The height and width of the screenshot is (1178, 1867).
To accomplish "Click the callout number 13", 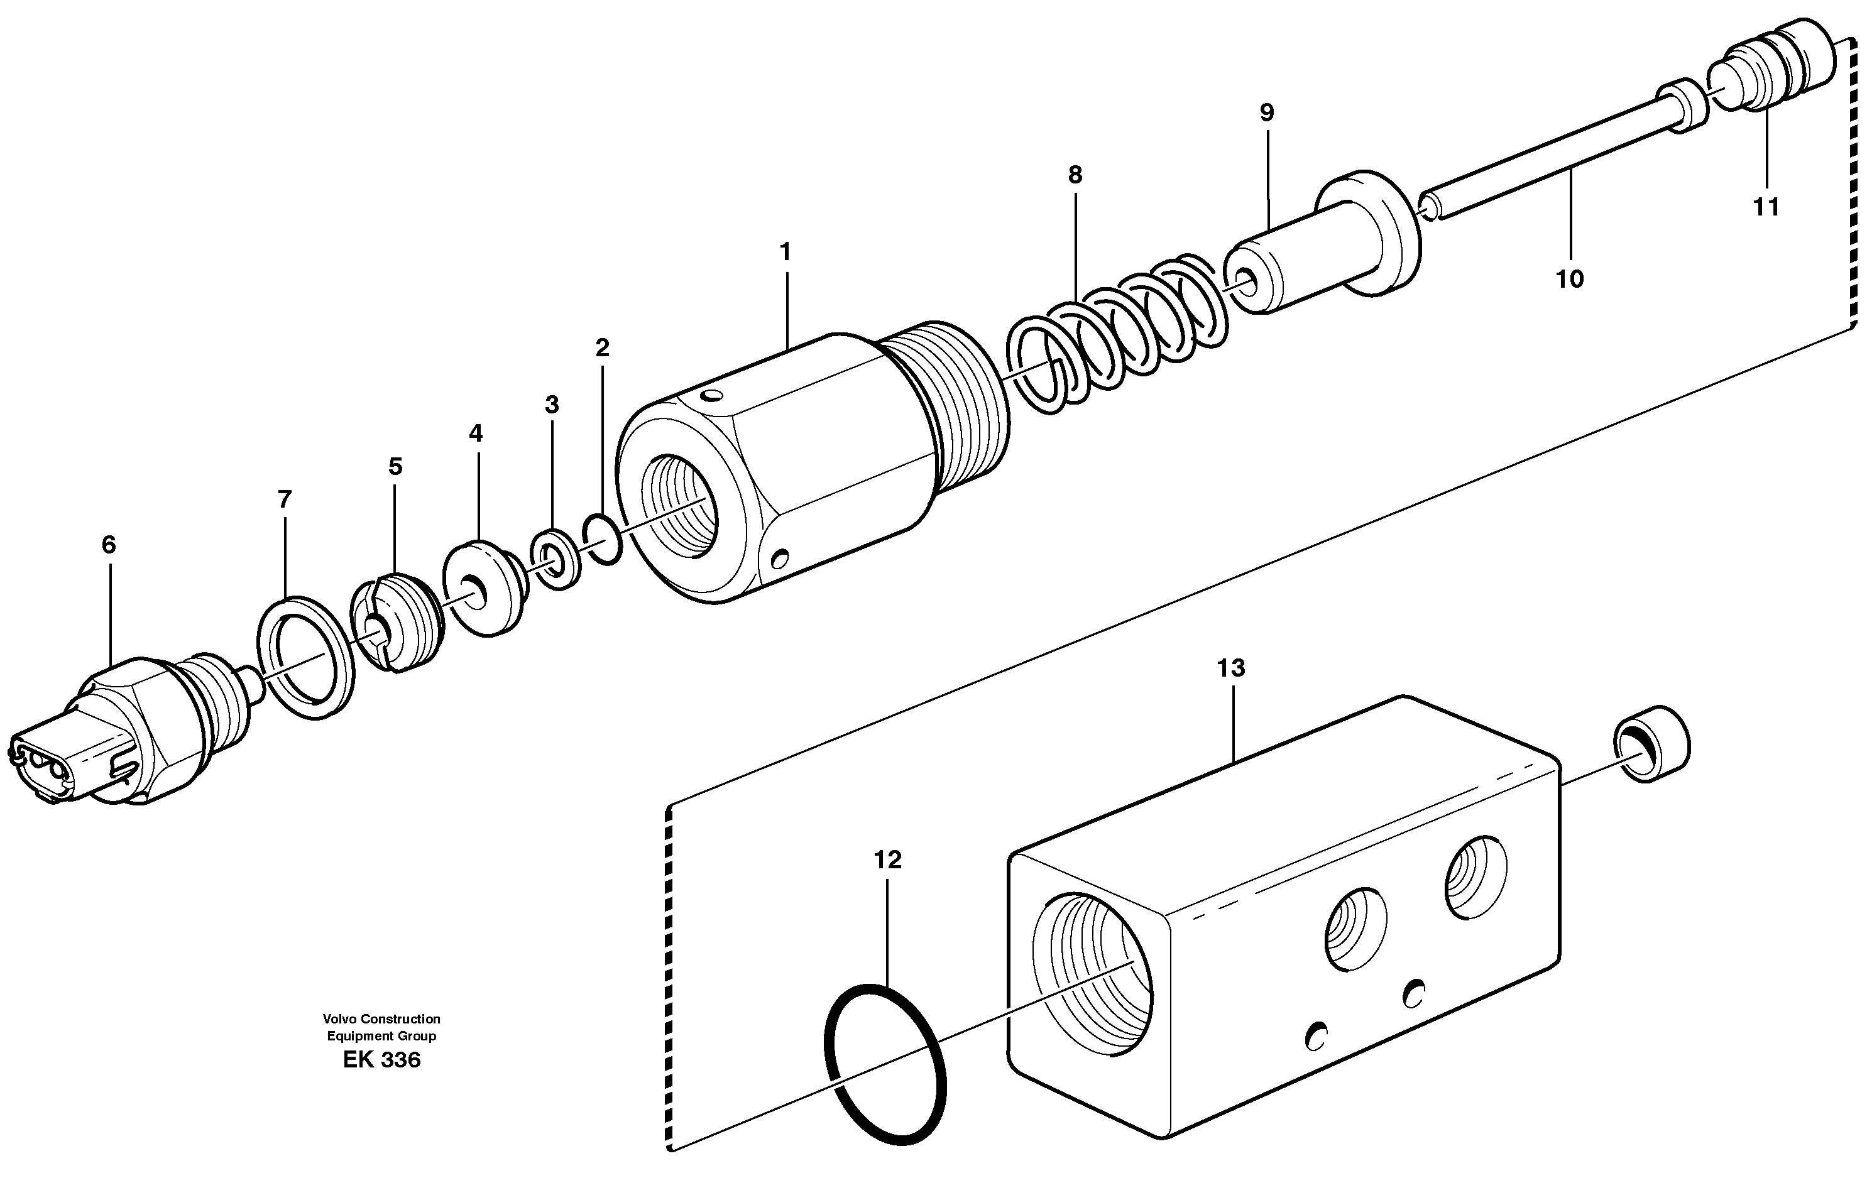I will click(x=1230, y=667).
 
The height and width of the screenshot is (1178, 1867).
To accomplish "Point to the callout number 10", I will click(x=1569, y=278).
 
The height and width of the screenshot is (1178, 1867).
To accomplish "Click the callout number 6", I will click(x=109, y=545).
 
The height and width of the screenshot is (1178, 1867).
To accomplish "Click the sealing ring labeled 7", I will click(x=305, y=657).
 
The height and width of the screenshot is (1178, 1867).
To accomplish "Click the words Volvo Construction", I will click(x=381, y=1018).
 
